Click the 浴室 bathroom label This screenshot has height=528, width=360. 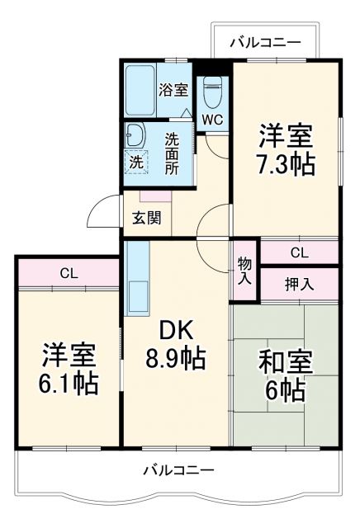point(173,89)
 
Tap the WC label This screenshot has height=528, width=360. point(213,119)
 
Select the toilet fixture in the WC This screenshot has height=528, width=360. point(213,92)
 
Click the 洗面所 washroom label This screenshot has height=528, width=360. point(172,153)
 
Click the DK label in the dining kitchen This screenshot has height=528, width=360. point(175,331)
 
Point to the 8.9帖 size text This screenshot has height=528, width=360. point(175,359)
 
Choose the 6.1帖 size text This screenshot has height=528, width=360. point(70,383)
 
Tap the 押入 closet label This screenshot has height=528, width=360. point(299,285)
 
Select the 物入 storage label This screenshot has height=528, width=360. point(245,271)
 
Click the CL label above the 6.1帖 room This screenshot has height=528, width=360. point(69,273)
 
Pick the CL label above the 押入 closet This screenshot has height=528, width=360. point(299,253)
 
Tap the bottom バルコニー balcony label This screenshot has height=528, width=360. point(178,470)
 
